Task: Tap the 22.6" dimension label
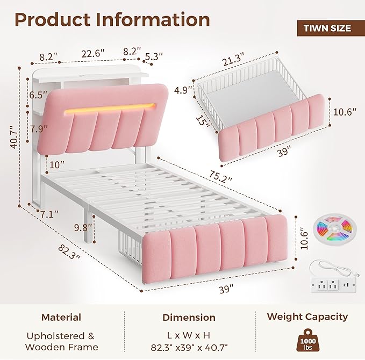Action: (x=92, y=54)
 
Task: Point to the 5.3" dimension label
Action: (x=154, y=56)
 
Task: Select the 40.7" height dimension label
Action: (x=14, y=137)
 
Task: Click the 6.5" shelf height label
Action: (x=38, y=95)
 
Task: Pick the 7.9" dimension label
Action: (x=39, y=128)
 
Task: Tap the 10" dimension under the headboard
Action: (x=56, y=165)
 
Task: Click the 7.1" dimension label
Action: (x=49, y=214)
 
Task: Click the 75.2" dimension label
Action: (x=221, y=176)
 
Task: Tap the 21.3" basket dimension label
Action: (x=233, y=59)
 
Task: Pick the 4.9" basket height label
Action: (x=184, y=90)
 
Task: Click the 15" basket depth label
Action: (x=203, y=121)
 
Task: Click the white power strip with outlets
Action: (x=333, y=284)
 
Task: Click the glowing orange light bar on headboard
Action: (x=110, y=108)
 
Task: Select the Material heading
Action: (x=61, y=318)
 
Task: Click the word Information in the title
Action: (x=153, y=20)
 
